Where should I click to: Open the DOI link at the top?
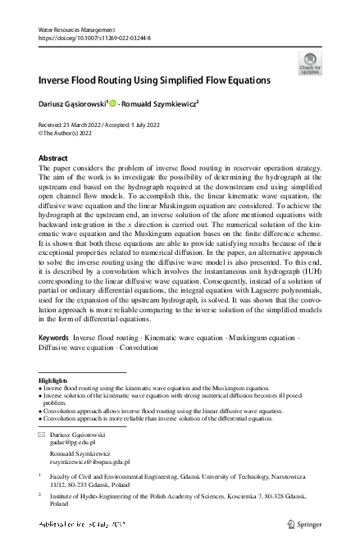tap(86, 38)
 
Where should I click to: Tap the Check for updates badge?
tap(309, 63)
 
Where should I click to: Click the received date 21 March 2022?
tap(84, 125)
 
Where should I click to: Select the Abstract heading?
tap(54, 157)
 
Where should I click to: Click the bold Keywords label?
tap(53, 337)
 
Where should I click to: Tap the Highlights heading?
tap(53, 381)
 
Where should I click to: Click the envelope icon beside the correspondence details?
tap(42, 434)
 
